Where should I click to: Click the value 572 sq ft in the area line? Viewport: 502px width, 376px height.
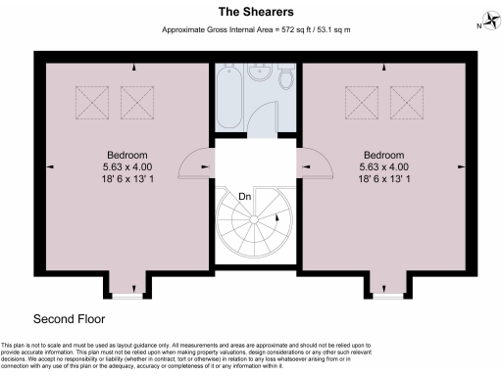pos(290,30)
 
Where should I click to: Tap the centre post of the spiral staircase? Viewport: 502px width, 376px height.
pos(251,223)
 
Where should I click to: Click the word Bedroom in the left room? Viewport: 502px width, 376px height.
pos(128,156)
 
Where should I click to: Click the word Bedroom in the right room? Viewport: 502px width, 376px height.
pos(383,156)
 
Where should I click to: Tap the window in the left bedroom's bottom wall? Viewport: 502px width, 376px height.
pos(124,293)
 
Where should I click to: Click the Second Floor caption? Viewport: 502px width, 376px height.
pos(69,319)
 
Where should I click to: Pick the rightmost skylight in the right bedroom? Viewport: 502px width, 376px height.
pos(405,100)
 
